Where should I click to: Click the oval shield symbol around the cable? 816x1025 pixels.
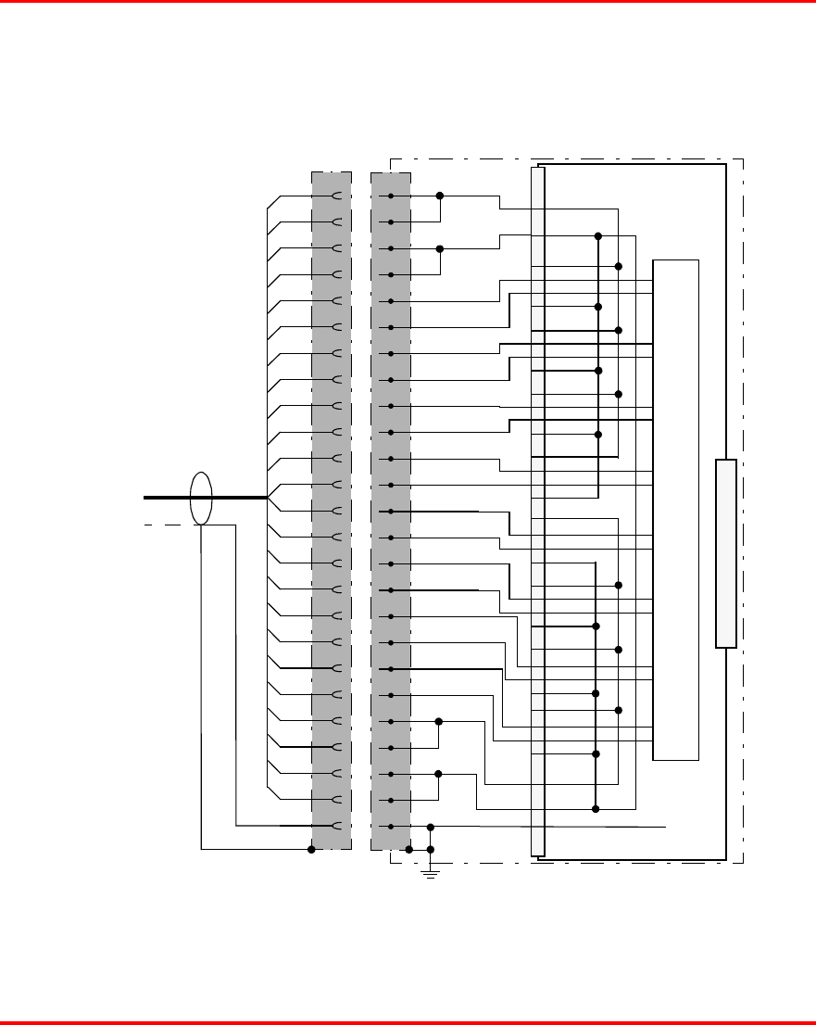(201, 499)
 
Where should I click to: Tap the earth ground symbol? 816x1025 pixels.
(430, 872)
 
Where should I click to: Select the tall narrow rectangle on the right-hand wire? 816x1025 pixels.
(726, 553)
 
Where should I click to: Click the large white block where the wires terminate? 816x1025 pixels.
(676, 510)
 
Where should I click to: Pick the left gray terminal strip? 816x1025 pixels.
(332, 510)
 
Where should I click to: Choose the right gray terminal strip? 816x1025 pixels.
(390, 510)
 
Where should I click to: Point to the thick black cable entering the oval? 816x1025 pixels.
(167, 498)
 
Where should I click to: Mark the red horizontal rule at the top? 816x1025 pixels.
(408, 3)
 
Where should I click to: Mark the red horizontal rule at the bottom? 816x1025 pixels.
(408, 1022)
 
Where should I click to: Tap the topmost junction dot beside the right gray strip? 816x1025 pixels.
(440, 196)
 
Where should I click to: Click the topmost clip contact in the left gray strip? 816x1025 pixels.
(338, 196)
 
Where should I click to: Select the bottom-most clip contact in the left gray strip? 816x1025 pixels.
(338, 826)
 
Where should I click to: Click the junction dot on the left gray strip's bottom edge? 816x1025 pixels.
(311, 849)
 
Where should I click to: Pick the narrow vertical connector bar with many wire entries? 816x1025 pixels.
(538, 510)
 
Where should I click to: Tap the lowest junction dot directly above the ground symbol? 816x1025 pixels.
(430, 849)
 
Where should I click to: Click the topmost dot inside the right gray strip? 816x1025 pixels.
(391, 196)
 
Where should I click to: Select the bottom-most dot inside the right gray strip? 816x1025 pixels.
(391, 826)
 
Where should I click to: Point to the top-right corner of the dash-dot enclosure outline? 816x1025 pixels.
(744, 158)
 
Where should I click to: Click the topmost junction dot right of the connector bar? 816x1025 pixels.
(598, 235)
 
